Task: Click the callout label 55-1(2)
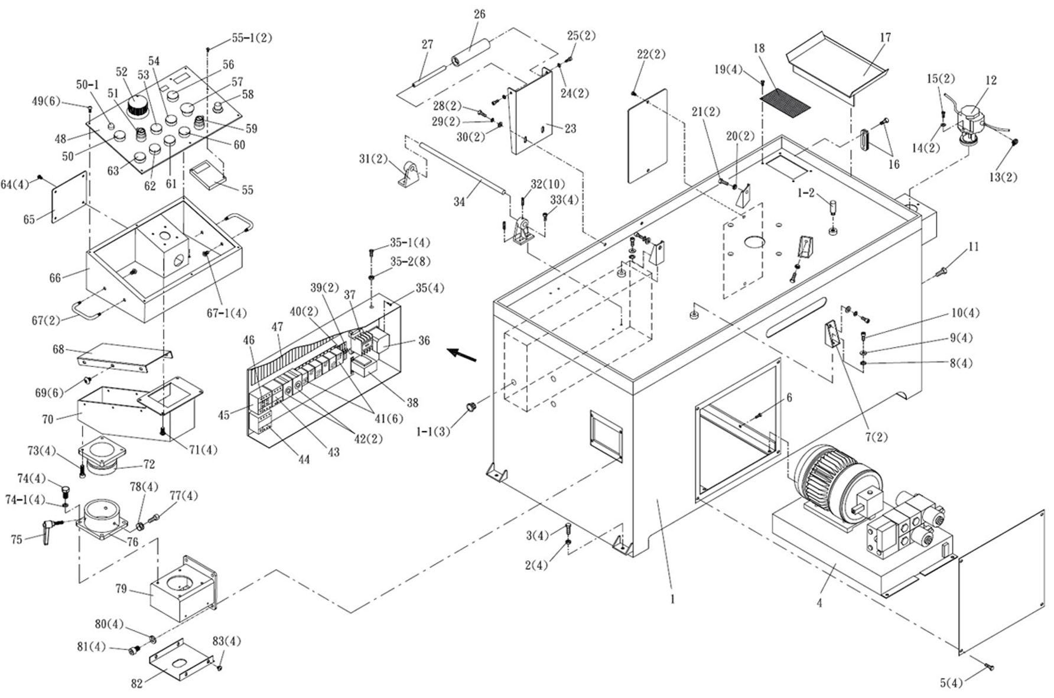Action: click(252, 38)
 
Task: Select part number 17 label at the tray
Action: click(885, 37)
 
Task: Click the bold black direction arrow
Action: click(461, 355)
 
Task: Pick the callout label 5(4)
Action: click(951, 683)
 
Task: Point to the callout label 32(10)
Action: click(547, 184)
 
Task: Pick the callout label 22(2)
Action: click(651, 55)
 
